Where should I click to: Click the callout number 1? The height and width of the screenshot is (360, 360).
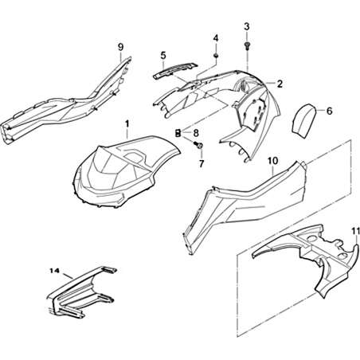[127, 123]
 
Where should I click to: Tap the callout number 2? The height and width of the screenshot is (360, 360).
[280, 84]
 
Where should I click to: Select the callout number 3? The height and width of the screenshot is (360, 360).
[247, 26]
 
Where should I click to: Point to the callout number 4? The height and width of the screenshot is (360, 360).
[216, 38]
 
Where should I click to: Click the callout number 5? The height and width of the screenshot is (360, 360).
[163, 56]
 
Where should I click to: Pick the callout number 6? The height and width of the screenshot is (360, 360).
[329, 111]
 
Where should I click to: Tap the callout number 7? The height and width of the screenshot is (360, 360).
[202, 164]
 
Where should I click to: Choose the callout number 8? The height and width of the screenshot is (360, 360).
[196, 132]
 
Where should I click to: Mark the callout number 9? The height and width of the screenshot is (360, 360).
[120, 47]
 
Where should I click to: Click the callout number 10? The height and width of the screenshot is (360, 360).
[272, 161]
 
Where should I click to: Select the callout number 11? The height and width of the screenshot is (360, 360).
[356, 231]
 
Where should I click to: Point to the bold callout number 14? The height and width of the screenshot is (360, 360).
[54, 271]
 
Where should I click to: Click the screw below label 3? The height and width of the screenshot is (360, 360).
[247, 45]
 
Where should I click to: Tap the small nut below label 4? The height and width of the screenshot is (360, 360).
[216, 56]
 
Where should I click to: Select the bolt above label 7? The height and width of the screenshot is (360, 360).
[198, 145]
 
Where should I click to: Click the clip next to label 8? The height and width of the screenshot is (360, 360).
[178, 132]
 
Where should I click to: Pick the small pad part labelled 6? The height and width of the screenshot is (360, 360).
[303, 120]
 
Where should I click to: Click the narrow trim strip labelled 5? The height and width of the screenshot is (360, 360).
[176, 70]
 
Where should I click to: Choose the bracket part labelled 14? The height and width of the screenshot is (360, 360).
[81, 291]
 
